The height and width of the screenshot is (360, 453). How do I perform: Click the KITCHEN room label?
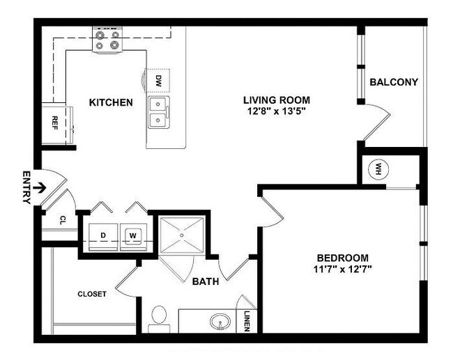point(111,102)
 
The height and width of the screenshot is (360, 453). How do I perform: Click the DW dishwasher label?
point(159,80)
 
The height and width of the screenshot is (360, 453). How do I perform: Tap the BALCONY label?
point(394,82)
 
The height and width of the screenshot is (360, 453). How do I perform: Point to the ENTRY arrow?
point(41,187)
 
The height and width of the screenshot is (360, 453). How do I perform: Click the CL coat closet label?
point(62,220)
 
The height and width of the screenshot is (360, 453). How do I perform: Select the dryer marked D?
point(103,235)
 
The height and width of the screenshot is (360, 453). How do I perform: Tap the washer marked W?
point(132,235)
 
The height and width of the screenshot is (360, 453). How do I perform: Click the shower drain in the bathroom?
point(182,235)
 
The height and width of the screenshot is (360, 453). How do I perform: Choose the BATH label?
point(206,282)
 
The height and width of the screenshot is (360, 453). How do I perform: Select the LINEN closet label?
point(247,320)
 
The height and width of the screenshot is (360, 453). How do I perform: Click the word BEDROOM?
point(342,257)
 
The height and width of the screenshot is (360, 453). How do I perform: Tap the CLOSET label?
point(92,294)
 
